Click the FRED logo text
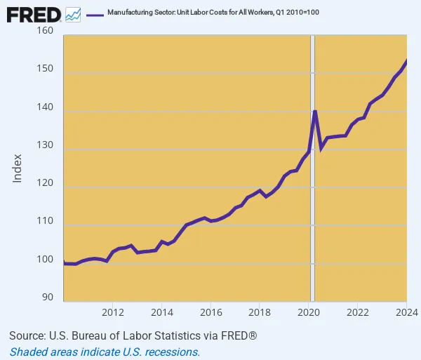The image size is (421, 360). click(x=33, y=14)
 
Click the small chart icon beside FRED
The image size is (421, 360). click(x=73, y=14)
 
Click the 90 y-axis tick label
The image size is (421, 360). click(x=48, y=298)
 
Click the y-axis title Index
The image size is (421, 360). click(x=18, y=168)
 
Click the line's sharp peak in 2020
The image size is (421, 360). click(x=315, y=111)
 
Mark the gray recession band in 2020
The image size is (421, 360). click(x=313, y=211)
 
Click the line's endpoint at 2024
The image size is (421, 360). click(x=406, y=61)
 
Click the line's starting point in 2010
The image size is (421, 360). click(x=64, y=263)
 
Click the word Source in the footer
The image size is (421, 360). click(x=27, y=336)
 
